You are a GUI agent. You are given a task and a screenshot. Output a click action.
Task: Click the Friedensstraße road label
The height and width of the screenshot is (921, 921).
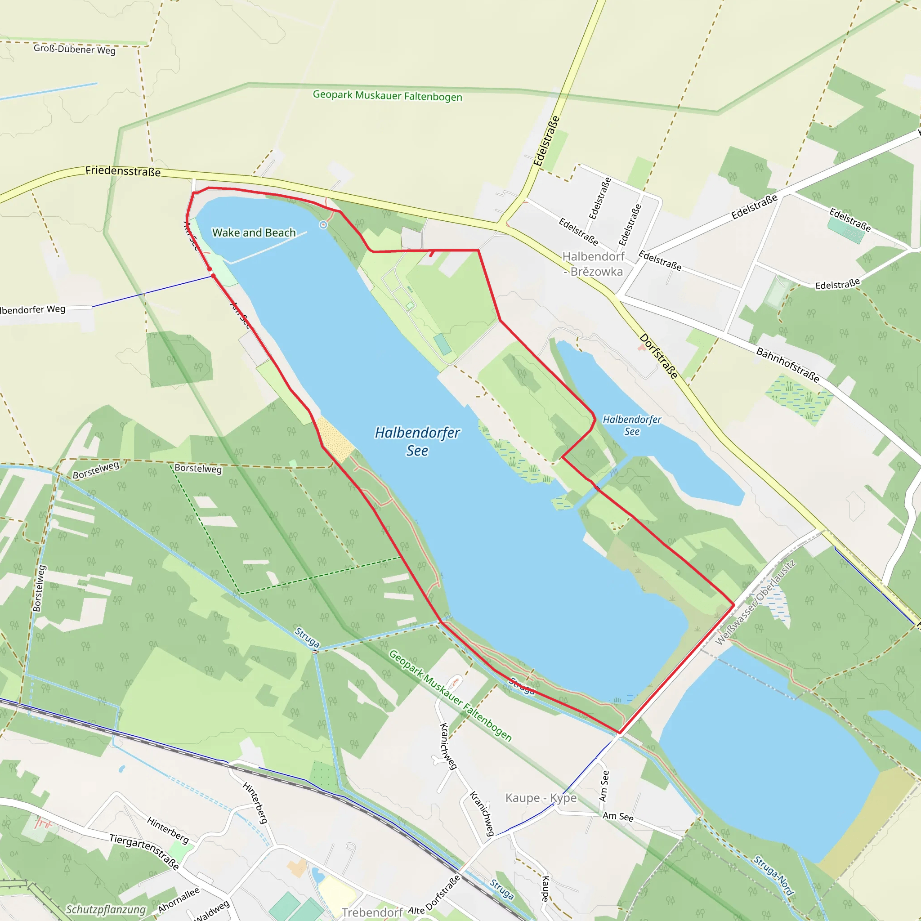123,171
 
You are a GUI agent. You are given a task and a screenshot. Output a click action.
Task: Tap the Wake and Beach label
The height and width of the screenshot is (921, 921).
254,232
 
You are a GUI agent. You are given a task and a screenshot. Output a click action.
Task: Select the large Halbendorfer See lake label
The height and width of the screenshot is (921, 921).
417,442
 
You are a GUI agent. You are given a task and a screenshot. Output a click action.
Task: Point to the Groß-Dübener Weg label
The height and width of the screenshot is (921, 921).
74,49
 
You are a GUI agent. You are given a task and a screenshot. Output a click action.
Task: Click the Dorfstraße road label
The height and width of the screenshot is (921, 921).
658,356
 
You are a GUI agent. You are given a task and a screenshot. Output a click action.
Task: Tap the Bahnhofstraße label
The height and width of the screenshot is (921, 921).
787,365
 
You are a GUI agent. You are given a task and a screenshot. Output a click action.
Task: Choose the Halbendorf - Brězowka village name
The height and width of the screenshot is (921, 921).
593,264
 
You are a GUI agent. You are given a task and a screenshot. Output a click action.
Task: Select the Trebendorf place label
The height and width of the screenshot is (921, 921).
372,912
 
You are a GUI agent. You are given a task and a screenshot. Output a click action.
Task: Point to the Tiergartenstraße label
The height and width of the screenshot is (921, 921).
144,851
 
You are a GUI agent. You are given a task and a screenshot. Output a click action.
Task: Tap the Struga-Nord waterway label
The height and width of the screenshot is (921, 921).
773,875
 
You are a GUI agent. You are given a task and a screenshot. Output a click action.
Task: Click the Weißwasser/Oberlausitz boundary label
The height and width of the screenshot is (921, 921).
756,603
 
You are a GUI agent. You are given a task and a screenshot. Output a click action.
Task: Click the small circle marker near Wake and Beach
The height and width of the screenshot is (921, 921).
323,224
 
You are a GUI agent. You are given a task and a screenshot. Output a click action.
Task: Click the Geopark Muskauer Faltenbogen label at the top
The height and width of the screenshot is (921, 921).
387,96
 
